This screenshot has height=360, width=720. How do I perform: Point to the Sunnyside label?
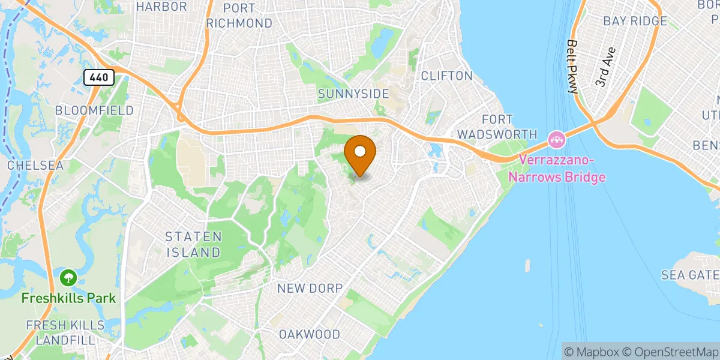(353, 94)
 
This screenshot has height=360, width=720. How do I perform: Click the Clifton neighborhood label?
(446, 76)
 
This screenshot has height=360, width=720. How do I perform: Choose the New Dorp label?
(310, 289)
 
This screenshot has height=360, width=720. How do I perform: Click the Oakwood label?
(310, 334)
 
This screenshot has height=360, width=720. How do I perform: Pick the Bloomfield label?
(94, 110)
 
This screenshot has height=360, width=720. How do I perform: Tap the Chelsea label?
(35, 164)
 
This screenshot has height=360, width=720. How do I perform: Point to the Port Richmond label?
(239, 16)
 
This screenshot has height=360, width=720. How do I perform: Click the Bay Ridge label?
(635, 21)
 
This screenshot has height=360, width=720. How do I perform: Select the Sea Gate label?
(689, 275)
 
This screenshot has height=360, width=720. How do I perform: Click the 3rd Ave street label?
(607, 73)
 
